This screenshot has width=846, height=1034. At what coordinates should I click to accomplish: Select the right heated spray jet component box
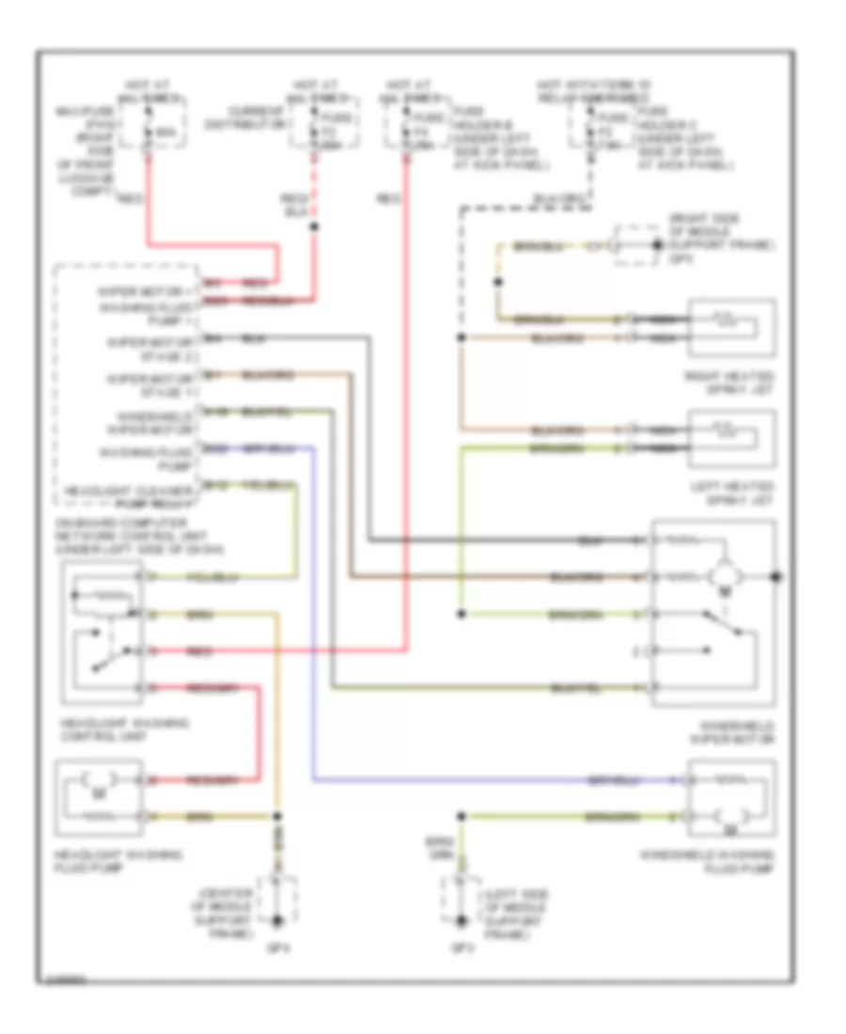coord(732,328)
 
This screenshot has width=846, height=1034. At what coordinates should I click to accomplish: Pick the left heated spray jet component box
coord(732,440)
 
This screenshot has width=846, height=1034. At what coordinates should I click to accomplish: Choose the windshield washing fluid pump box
coord(732,799)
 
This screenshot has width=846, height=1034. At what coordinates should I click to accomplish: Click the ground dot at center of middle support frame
coord(278,920)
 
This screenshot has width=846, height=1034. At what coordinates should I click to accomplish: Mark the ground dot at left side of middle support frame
coord(461,920)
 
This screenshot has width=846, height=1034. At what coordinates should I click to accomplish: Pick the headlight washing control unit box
coord(102,634)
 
